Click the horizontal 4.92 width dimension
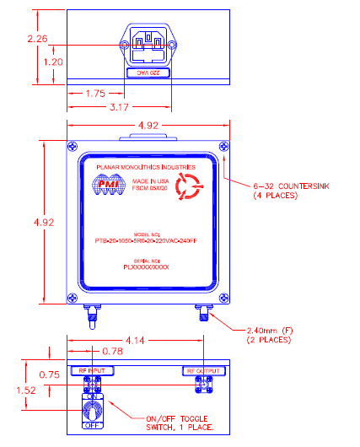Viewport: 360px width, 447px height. pyautogui.click(x=147, y=128)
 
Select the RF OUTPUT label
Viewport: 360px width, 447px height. pyautogui.click(x=203, y=370)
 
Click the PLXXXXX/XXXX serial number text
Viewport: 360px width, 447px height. pyautogui.click(x=147, y=267)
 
